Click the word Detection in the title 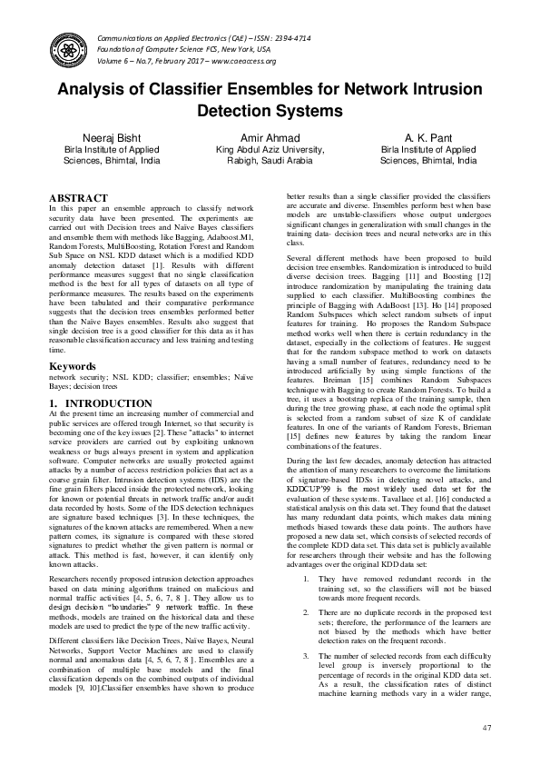pyautogui.click(x=232, y=112)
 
